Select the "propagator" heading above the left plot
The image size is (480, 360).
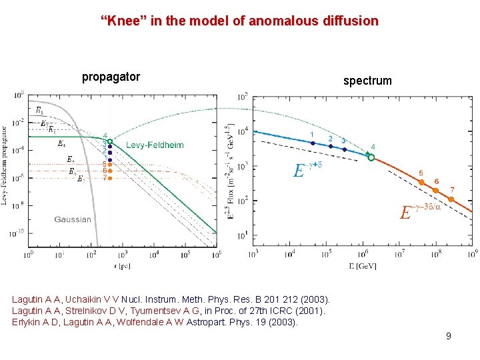[111, 77]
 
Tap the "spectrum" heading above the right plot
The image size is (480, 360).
[367, 81]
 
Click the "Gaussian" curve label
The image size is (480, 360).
[73, 219]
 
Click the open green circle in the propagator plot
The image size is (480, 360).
[110, 141]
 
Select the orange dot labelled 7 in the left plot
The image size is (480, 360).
[110, 178]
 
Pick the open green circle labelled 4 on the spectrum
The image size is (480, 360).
[371, 158]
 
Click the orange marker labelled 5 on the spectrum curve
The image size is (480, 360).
[421, 182]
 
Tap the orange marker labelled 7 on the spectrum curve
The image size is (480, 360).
[452, 199]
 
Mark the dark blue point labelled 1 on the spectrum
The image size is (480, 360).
[313, 143]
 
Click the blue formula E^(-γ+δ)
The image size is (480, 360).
[307, 169]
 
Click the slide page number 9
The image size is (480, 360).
[449, 336]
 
